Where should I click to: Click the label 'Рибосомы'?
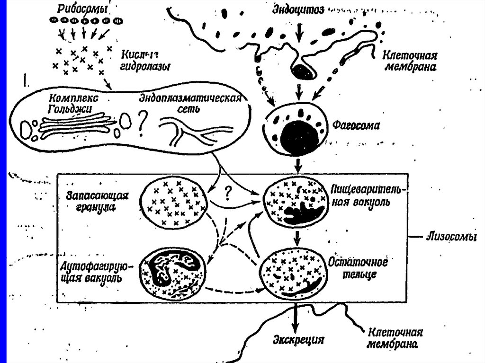[81, 9]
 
